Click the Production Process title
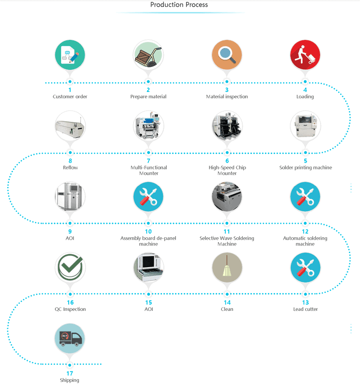[x=179, y=5]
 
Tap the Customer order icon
[x=70, y=55]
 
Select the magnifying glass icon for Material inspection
[x=227, y=55]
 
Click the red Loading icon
[x=305, y=55]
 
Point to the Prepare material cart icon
[x=149, y=55]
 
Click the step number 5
[x=305, y=161]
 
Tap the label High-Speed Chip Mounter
[x=227, y=170]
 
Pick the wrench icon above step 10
[x=149, y=197]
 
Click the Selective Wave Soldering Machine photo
[x=227, y=197]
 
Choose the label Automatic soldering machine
[x=305, y=241]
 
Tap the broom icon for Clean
[x=227, y=268]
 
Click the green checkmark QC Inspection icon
[x=70, y=268]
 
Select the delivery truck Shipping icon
[x=70, y=339]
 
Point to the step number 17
[x=70, y=373]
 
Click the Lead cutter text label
[x=305, y=309]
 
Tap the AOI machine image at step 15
[x=149, y=268]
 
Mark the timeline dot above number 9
[x=70, y=223]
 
